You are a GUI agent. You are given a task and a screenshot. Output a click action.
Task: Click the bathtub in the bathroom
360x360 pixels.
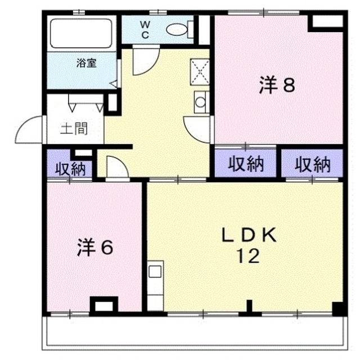point(81,34)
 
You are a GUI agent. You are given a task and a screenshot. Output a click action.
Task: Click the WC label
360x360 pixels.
point(145,29)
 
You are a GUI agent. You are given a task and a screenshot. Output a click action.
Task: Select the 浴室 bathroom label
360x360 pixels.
point(86,63)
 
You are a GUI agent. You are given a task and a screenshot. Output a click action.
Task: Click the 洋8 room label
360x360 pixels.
point(277,85)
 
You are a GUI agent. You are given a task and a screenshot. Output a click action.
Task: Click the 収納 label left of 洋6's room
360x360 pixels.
point(70,168)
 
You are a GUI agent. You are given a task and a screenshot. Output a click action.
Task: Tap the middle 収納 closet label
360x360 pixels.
point(246,164)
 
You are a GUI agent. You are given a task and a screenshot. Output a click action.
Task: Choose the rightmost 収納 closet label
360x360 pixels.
point(313,164)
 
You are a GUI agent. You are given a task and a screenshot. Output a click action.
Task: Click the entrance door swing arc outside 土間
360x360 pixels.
point(30,130)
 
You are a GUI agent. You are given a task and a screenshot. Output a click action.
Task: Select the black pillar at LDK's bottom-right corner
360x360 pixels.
point(337,308)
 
